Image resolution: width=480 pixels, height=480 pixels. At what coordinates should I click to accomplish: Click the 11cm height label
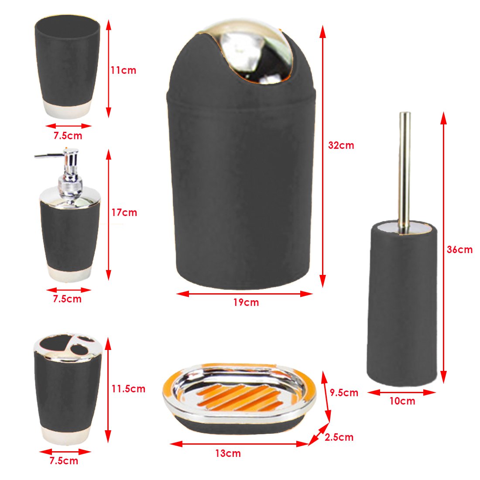[123, 70]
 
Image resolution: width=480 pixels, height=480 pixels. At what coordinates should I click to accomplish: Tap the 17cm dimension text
[124, 213]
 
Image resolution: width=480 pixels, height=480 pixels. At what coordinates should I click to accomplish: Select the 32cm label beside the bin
[341, 145]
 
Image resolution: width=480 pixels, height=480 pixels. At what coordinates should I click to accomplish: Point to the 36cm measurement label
[459, 250]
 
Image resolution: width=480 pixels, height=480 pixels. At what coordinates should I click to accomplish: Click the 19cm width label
[246, 302]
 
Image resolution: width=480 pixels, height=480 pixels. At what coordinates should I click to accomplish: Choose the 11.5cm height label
[128, 389]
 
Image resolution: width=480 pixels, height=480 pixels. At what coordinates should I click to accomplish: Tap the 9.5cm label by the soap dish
[344, 392]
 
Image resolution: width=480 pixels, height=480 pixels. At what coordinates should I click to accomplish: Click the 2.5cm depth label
[339, 437]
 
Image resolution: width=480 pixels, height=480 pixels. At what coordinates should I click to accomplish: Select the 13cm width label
[228, 453]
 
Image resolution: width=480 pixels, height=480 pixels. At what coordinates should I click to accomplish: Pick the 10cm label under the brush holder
[402, 401]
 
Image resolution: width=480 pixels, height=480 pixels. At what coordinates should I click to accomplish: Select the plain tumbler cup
[67, 66]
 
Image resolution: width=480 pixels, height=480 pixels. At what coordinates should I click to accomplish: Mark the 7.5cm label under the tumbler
[68, 136]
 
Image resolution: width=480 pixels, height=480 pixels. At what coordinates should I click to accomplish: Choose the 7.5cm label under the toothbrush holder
[64, 461]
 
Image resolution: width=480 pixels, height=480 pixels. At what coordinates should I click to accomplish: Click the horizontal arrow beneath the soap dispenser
[69, 290]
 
